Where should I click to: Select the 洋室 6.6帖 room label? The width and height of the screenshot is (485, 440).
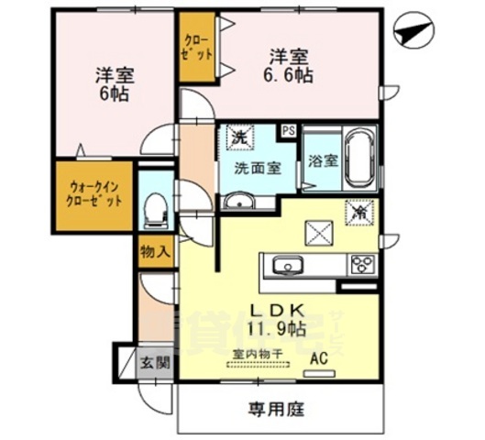click(x=292, y=64)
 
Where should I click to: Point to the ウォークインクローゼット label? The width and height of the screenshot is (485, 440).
click(x=95, y=195)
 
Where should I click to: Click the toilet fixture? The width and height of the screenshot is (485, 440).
click(x=155, y=211)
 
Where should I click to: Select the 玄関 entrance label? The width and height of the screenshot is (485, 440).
click(x=154, y=361)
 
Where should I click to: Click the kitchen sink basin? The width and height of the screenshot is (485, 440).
click(x=287, y=266)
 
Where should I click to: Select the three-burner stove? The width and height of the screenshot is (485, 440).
click(x=361, y=266)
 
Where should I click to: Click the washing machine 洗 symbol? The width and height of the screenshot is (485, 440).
click(x=238, y=137)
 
